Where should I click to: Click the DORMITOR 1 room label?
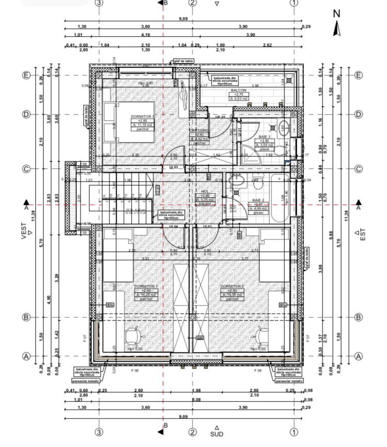tap(146, 286)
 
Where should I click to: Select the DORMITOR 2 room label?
tap(232, 286)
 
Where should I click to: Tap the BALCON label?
tap(238, 90)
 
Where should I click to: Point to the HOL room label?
tap(205, 191)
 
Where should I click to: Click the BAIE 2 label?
tap(258, 200)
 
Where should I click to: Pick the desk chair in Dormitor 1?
tap(133, 336)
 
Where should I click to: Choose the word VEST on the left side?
tap(24, 230)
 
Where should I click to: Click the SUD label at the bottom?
tap(217, 434)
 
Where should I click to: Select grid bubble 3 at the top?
tap(99, 3)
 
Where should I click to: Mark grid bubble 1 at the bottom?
tap(294, 432)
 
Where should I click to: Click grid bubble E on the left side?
tap(26, 75)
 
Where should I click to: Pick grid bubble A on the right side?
tap(359, 356)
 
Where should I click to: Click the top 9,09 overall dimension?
tap(183, 19)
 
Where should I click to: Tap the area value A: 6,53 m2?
tap(238, 99)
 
